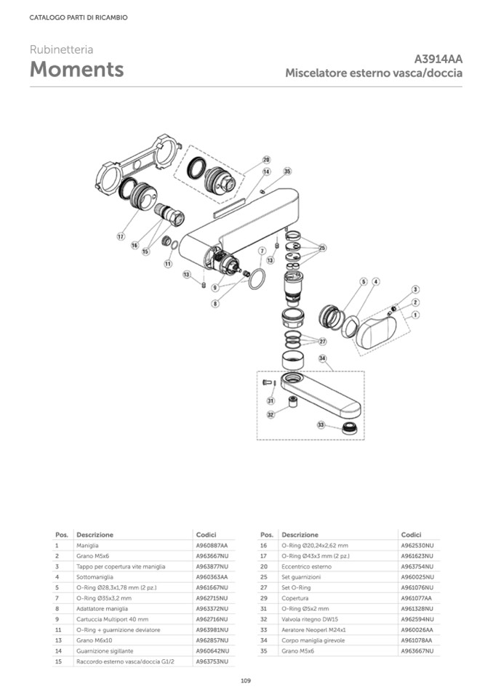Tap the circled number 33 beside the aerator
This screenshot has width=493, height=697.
tap(321, 423)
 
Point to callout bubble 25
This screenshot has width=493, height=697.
tap(322, 247)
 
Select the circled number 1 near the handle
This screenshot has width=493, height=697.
tap(416, 315)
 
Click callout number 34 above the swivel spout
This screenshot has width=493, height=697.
tap(322, 358)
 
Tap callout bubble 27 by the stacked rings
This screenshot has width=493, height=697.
tap(322, 341)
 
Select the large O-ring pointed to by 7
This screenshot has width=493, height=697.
tap(257, 279)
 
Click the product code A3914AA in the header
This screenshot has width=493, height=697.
tap(438, 59)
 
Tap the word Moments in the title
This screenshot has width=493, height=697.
tap(76, 70)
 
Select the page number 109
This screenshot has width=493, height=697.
tap(246, 680)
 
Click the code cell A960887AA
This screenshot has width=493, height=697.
tap(212, 545)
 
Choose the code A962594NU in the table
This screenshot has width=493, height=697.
tap(417, 619)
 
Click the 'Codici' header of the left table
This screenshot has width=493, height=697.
tap(207, 534)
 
